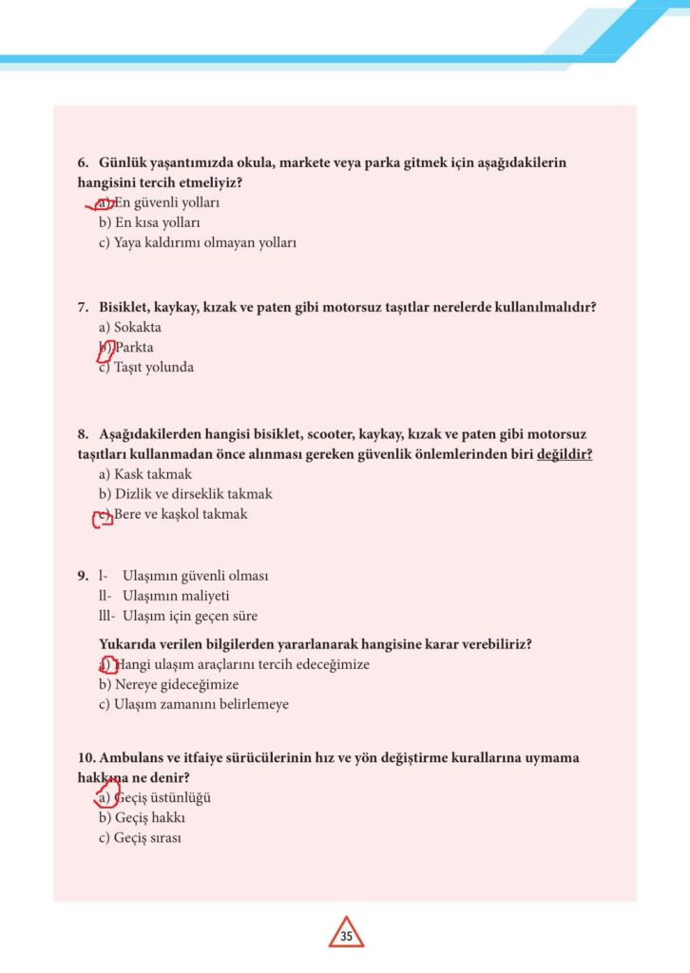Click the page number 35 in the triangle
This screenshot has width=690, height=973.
pos(346,937)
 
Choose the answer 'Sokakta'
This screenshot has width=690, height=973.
pos(130,327)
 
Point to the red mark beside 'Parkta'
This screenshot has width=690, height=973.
pos(105,349)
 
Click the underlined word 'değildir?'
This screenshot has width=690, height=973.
pos(565,454)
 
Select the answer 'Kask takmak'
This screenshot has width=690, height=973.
pos(145,474)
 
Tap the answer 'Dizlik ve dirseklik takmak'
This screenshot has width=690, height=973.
pos(185,494)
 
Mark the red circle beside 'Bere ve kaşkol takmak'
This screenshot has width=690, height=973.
pos(102,516)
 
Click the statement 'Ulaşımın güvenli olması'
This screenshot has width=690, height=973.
pos(196,576)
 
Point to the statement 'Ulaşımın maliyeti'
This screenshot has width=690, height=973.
pos(177,596)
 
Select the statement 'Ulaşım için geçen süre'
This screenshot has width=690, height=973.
pos(190,616)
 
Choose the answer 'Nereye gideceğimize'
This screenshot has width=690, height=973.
pos(168,684)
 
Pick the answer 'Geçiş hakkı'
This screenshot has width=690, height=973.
pos(142,818)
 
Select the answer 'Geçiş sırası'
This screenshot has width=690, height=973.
pos(140,838)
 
